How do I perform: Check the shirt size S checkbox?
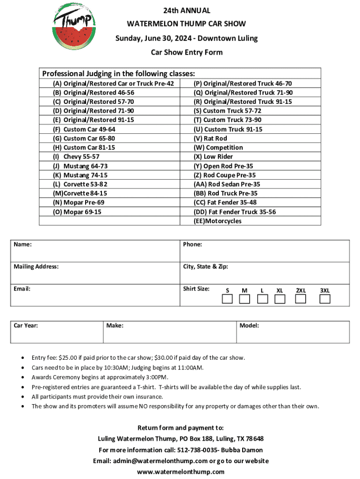pos(227,299)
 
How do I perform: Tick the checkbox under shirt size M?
pos(245,299)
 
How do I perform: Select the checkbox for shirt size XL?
pos(280,299)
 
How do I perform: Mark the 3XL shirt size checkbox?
pos(324,299)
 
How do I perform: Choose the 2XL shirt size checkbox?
pos(301,299)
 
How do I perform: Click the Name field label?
pos(22,244)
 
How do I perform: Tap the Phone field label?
pos(192,244)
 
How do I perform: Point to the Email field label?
pos(22,289)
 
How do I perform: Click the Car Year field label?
pos(26,325)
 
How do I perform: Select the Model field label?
pos(249,325)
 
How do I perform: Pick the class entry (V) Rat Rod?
pos(210,138)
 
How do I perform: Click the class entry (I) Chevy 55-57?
pos(76,157)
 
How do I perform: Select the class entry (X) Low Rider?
pos(213,157)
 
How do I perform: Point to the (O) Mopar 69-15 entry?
pos(77,212)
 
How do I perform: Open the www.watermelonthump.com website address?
pos(180,472)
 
